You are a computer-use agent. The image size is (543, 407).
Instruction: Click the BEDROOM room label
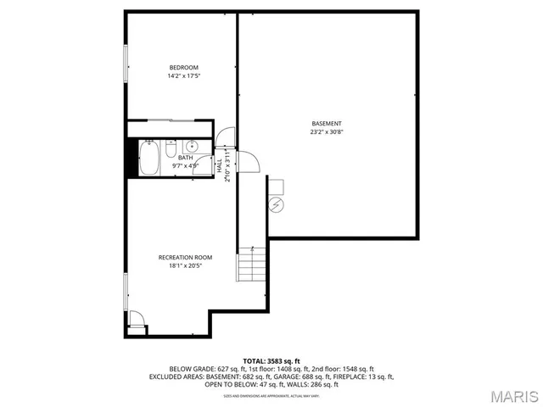click(183, 68)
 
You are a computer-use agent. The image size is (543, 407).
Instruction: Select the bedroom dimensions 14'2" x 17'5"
click(183, 77)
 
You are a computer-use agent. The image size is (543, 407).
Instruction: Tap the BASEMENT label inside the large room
click(327, 123)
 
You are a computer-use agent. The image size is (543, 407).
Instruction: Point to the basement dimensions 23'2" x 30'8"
click(327, 132)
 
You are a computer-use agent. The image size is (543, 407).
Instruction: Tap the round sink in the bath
click(192, 144)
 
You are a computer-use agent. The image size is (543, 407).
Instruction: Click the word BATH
click(185, 158)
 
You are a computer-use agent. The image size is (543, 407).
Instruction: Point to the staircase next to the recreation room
click(250, 265)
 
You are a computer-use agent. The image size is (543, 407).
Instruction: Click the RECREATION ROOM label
click(185, 257)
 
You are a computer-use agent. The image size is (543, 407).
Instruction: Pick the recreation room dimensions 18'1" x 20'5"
click(185, 266)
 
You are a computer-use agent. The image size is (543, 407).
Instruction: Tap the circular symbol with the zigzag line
click(277, 204)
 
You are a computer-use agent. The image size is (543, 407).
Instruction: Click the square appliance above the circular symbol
click(277, 186)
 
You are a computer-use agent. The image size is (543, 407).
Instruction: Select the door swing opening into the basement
click(249, 160)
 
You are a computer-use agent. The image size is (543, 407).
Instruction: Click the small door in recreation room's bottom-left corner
click(137, 322)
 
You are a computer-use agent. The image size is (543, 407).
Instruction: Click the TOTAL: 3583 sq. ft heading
click(271, 360)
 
